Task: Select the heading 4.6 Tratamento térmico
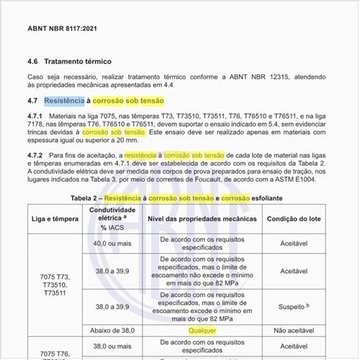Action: [78, 62]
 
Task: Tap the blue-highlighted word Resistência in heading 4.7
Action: [65, 101]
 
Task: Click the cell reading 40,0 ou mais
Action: [114, 243]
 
